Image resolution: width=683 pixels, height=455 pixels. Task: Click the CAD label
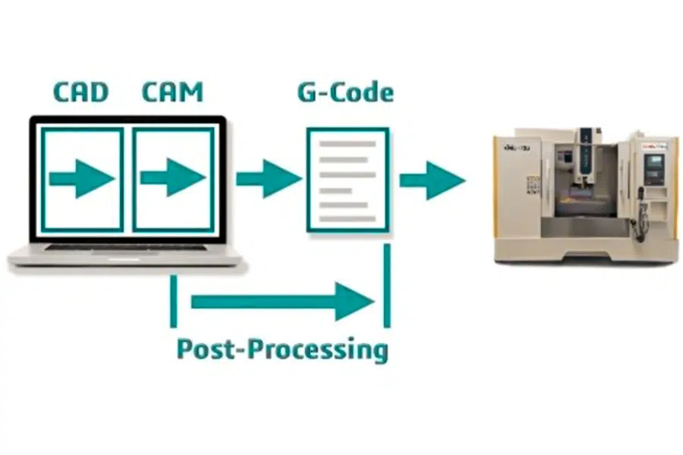(80, 92)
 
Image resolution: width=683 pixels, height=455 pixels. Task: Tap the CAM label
(172, 92)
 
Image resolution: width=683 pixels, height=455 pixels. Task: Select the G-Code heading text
(345, 93)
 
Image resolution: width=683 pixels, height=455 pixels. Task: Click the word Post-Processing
(282, 350)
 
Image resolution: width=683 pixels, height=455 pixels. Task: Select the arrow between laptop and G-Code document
(268, 179)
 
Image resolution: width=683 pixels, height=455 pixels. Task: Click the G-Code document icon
(348, 180)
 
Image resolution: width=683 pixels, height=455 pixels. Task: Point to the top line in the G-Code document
(347, 143)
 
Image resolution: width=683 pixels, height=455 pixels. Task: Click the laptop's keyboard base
(125, 254)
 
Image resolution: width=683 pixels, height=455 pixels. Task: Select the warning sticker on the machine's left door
(533, 184)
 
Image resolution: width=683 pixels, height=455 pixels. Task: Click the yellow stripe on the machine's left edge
(496, 190)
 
